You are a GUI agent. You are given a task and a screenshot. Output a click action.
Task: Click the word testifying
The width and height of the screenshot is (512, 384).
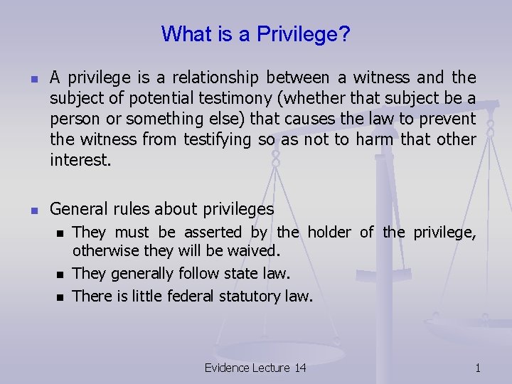click(x=217, y=139)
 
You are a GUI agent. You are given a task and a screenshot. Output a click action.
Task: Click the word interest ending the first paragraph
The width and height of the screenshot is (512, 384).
click(x=80, y=160)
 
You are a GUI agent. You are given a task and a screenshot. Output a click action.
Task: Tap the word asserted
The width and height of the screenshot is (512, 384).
click(x=213, y=232)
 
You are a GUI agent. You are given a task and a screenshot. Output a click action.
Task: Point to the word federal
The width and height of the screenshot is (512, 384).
click(x=192, y=296)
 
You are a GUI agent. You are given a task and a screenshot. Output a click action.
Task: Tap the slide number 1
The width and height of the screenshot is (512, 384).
click(x=478, y=368)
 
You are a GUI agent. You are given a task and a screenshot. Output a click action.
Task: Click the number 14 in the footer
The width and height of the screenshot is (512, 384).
click(x=299, y=368)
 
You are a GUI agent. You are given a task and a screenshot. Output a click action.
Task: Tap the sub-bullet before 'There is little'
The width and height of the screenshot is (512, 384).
click(x=60, y=297)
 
